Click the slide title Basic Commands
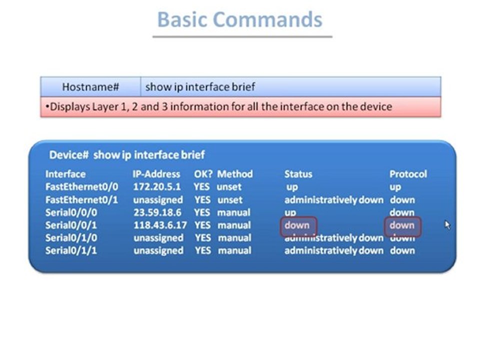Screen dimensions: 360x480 point(240,20)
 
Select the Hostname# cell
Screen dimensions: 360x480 point(90,87)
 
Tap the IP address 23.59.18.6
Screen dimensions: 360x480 point(157,212)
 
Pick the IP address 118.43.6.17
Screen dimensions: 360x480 point(160,225)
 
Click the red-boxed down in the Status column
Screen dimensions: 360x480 point(297,225)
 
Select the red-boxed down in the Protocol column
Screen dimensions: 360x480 point(402,225)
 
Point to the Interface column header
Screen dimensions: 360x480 point(65,174)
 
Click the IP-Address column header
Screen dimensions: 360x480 point(156,174)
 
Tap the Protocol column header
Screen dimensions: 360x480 point(408,174)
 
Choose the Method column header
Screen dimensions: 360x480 point(234,174)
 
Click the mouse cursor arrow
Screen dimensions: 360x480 point(447,225)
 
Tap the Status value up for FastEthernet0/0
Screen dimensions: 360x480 point(292,187)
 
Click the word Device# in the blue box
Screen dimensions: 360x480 point(69,155)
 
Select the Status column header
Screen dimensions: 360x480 point(298,174)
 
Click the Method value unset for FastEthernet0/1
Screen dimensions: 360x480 point(229,200)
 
